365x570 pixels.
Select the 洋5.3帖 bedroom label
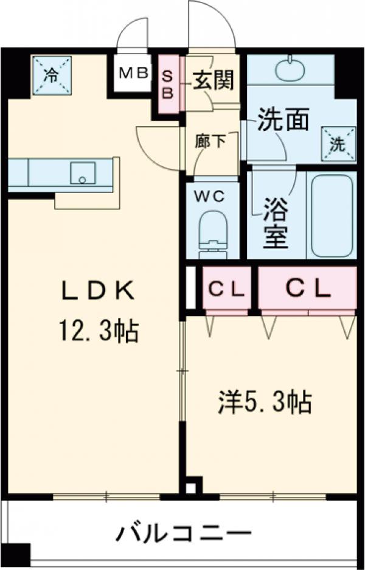click(266, 402)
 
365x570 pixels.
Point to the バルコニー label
click(184, 535)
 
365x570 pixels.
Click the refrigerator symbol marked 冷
click(52, 76)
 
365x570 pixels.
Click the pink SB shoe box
click(168, 83)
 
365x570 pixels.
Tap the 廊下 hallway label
click(210, 141)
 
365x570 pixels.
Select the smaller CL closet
click(225, 289)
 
